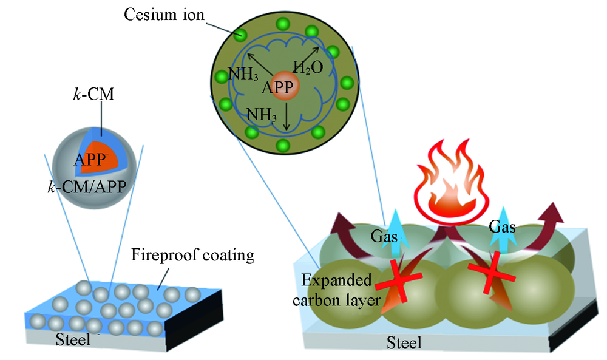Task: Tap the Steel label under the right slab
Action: pos(404,344)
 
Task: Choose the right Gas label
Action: pos(501,228)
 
